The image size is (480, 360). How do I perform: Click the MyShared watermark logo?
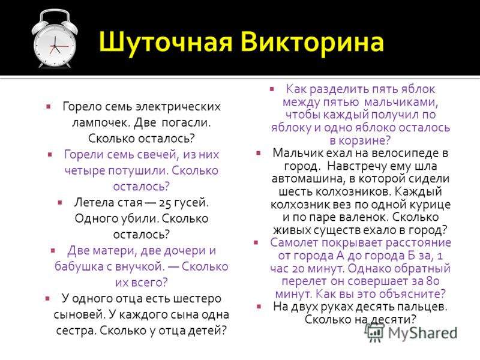point(411,332)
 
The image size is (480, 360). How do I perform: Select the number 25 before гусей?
point(164,203)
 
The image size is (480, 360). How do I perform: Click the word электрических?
point(178,107)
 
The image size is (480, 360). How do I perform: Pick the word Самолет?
point(295,243)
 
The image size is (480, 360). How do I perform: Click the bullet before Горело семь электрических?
point(49,107)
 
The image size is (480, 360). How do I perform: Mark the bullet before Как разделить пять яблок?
point(272,89)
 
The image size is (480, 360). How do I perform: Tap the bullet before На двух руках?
point(259,306)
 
